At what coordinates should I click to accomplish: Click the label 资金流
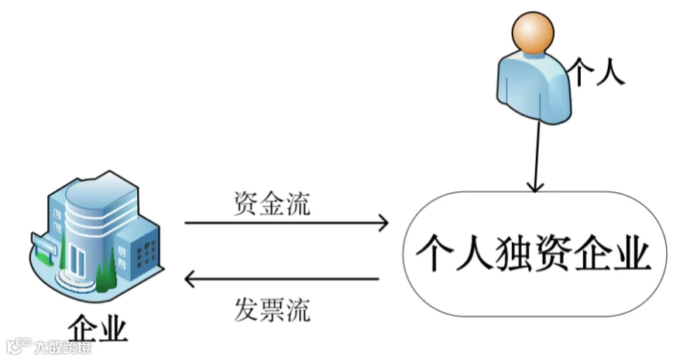[272, 204]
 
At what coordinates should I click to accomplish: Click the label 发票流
[272, 310]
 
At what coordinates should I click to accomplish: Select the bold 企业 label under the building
[98, 330]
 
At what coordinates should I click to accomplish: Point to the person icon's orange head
[533, 33]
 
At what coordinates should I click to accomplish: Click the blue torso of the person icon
[534, 87]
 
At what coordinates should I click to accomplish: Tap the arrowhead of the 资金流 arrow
[383, 223]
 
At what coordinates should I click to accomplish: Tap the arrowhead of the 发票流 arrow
[190, 279]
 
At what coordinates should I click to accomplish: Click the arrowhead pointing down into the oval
[535, 187]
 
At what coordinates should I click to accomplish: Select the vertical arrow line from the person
[537, 156]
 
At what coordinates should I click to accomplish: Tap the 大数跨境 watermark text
[63, 347]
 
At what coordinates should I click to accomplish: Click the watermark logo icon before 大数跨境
[19, 346]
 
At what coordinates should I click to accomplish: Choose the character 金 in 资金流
[272, 204]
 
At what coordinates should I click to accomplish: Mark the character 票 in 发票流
[272, 310]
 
